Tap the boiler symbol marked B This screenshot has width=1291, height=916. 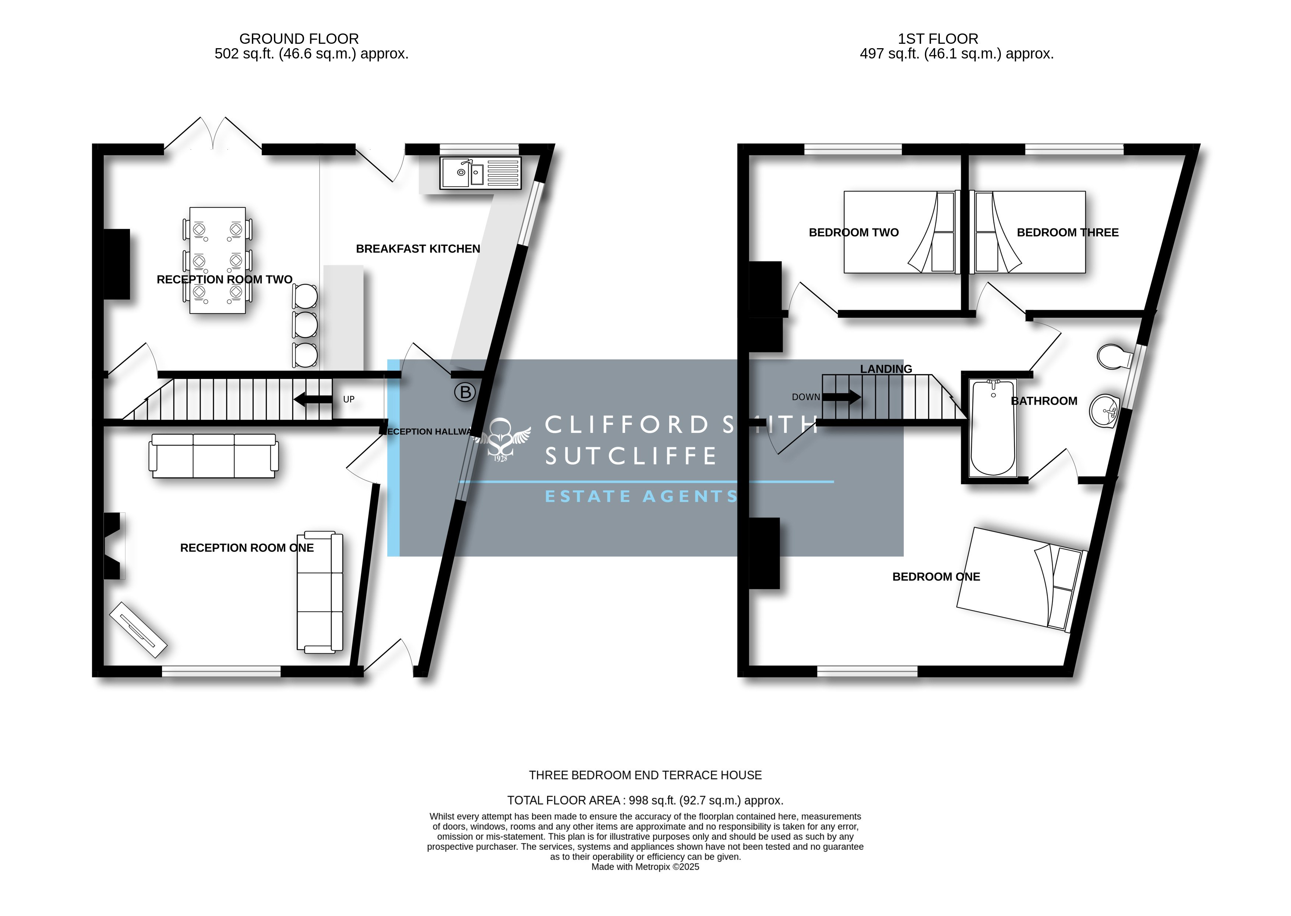(466, 392)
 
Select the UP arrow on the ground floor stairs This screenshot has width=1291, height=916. (313, 400)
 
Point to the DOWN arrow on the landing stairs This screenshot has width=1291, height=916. (841, 397)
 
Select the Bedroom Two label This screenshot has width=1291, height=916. (854, 232)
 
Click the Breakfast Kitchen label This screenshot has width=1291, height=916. (418, 249)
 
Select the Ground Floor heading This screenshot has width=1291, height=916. (299, 39)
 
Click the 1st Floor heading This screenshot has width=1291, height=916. (938, 39)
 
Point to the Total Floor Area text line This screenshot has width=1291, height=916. (645, 800)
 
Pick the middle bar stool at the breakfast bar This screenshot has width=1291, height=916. (305, 325)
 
